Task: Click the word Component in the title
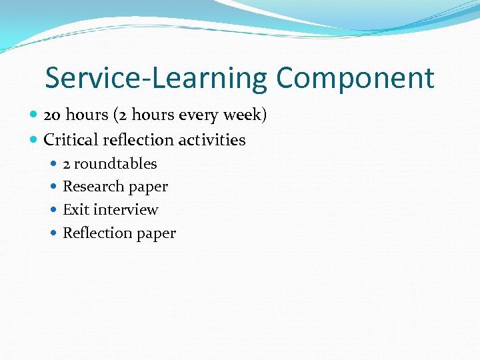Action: click(355, 79)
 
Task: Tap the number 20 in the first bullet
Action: click(52, 115)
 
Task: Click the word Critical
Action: click(70, 140)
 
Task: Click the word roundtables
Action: click(115, 164)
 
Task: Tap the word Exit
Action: click(76, 210)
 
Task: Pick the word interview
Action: click(126, 210)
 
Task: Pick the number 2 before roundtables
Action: click(67, 164)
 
